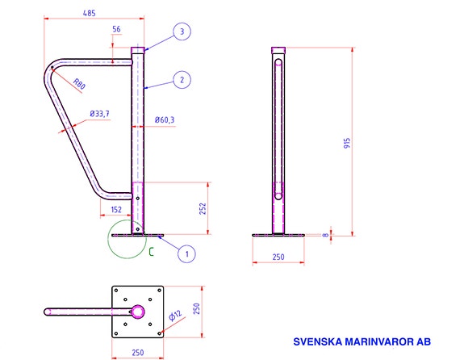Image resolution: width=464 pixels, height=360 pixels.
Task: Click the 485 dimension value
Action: tap(90, 13)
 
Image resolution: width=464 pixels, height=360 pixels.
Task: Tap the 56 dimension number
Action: tap(116, 29)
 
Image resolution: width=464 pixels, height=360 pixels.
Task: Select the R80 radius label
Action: tap(79, 83)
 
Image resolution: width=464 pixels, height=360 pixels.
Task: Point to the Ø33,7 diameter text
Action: tap(100, 114)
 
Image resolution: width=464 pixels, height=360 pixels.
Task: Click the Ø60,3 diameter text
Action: tap(165, 120)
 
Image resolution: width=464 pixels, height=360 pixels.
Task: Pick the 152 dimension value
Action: tap(116, 210)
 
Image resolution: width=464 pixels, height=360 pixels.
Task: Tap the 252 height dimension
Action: tap(203, 208)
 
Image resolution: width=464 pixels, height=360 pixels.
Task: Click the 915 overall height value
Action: tap(347, 143)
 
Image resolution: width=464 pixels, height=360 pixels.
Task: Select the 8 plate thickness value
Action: tap(325, 235)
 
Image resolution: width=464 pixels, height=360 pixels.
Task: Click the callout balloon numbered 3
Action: tap(182, 31)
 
